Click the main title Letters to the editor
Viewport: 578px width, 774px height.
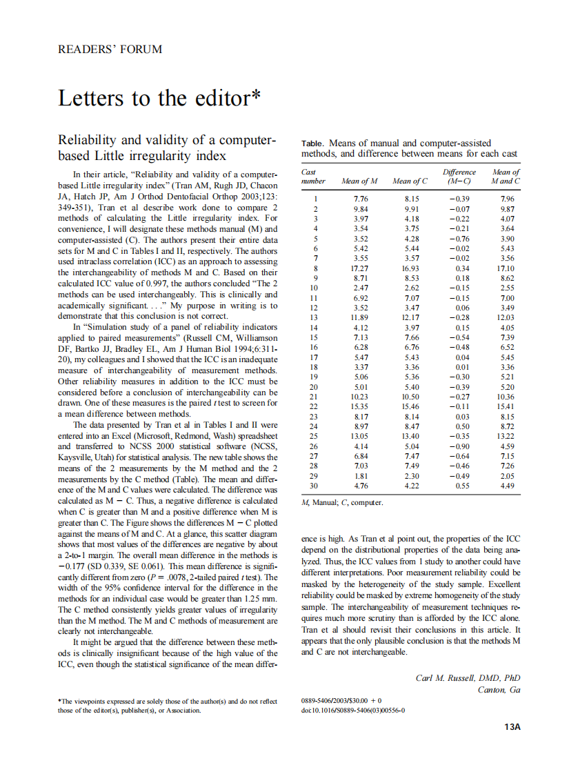pyautogui.click(x=159, y=98)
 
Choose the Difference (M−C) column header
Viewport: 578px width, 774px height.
pyautogui.click(x=459, y=177)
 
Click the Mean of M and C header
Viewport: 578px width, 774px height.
pyautogui.click(x=506, y=177)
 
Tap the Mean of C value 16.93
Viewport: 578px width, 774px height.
pyautogui.click(x=410, y=268)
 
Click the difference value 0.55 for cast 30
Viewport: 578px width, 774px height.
pyautogui.click(x=462, y=486)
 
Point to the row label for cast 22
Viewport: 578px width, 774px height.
pyautogui.click(x=315, y=406)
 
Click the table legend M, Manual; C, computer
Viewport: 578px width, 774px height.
pyautogui.click(x=342, y=503)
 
